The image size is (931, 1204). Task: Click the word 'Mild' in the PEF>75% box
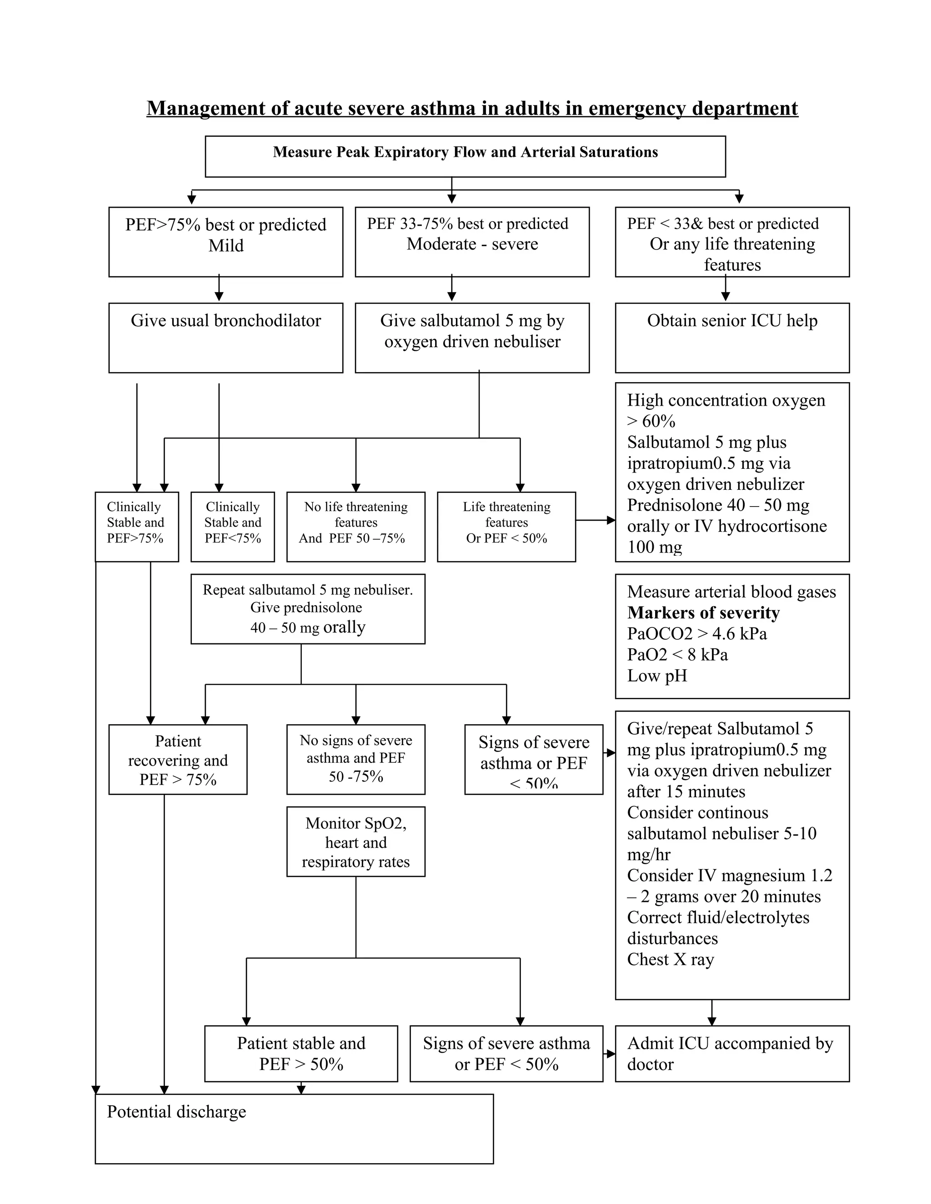[x=225, y=245]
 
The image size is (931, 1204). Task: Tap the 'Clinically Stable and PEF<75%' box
[x=232, y=526]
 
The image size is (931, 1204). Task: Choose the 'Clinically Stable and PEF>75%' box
[x=136, y=526]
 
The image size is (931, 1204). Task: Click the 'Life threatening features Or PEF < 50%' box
[x=506, y=526]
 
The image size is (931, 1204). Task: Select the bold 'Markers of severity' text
[x=703, y=612]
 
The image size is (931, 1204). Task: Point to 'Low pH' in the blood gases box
[x=657, y=676]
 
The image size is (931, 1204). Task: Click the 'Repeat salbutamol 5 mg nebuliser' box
[x=307, y=609]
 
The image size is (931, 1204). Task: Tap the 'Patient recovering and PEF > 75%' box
[x=178, y=759]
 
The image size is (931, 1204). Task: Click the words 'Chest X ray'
[x=670, y=959]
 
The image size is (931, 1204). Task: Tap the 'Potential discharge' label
[x=176, y=1112]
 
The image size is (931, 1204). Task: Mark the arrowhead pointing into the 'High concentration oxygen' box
[x=611, y=520]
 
